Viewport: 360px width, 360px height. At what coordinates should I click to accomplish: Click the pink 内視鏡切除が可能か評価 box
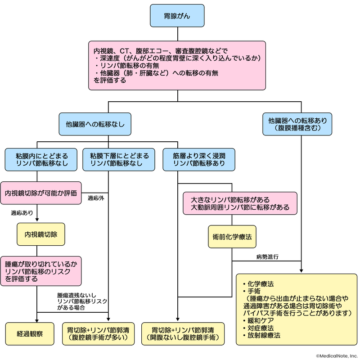[41, 193]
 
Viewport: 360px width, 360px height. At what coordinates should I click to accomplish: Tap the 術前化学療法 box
[231, 235]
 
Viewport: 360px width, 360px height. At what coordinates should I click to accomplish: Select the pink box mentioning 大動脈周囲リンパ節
[240, 203]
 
